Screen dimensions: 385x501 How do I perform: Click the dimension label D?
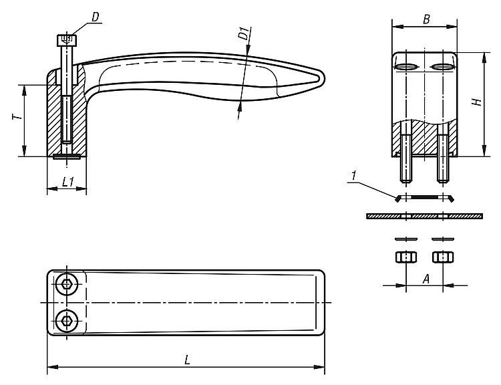(x=96, y=16)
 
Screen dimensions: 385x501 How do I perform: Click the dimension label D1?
(x=244, y=33)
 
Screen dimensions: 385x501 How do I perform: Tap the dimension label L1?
(x=67, y=181)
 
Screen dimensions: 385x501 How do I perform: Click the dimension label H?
(x=476, y=102)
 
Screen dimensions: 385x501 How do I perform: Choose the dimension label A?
(x=426, y=279)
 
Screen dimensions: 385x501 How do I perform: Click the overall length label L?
(x=187, y=359)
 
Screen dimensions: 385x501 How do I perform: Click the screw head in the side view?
(x=67, y=40)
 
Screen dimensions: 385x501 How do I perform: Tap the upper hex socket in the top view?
(x=66, y=283)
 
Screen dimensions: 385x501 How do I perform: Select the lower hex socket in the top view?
(x=66, y=320)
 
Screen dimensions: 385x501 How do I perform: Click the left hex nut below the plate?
(x=405, y=257)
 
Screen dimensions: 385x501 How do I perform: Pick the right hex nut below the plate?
(x=442, y=257)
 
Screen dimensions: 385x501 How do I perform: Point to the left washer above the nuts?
(x=405, y=239)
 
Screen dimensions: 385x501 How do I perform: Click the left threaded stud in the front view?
(x=405, y=160)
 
